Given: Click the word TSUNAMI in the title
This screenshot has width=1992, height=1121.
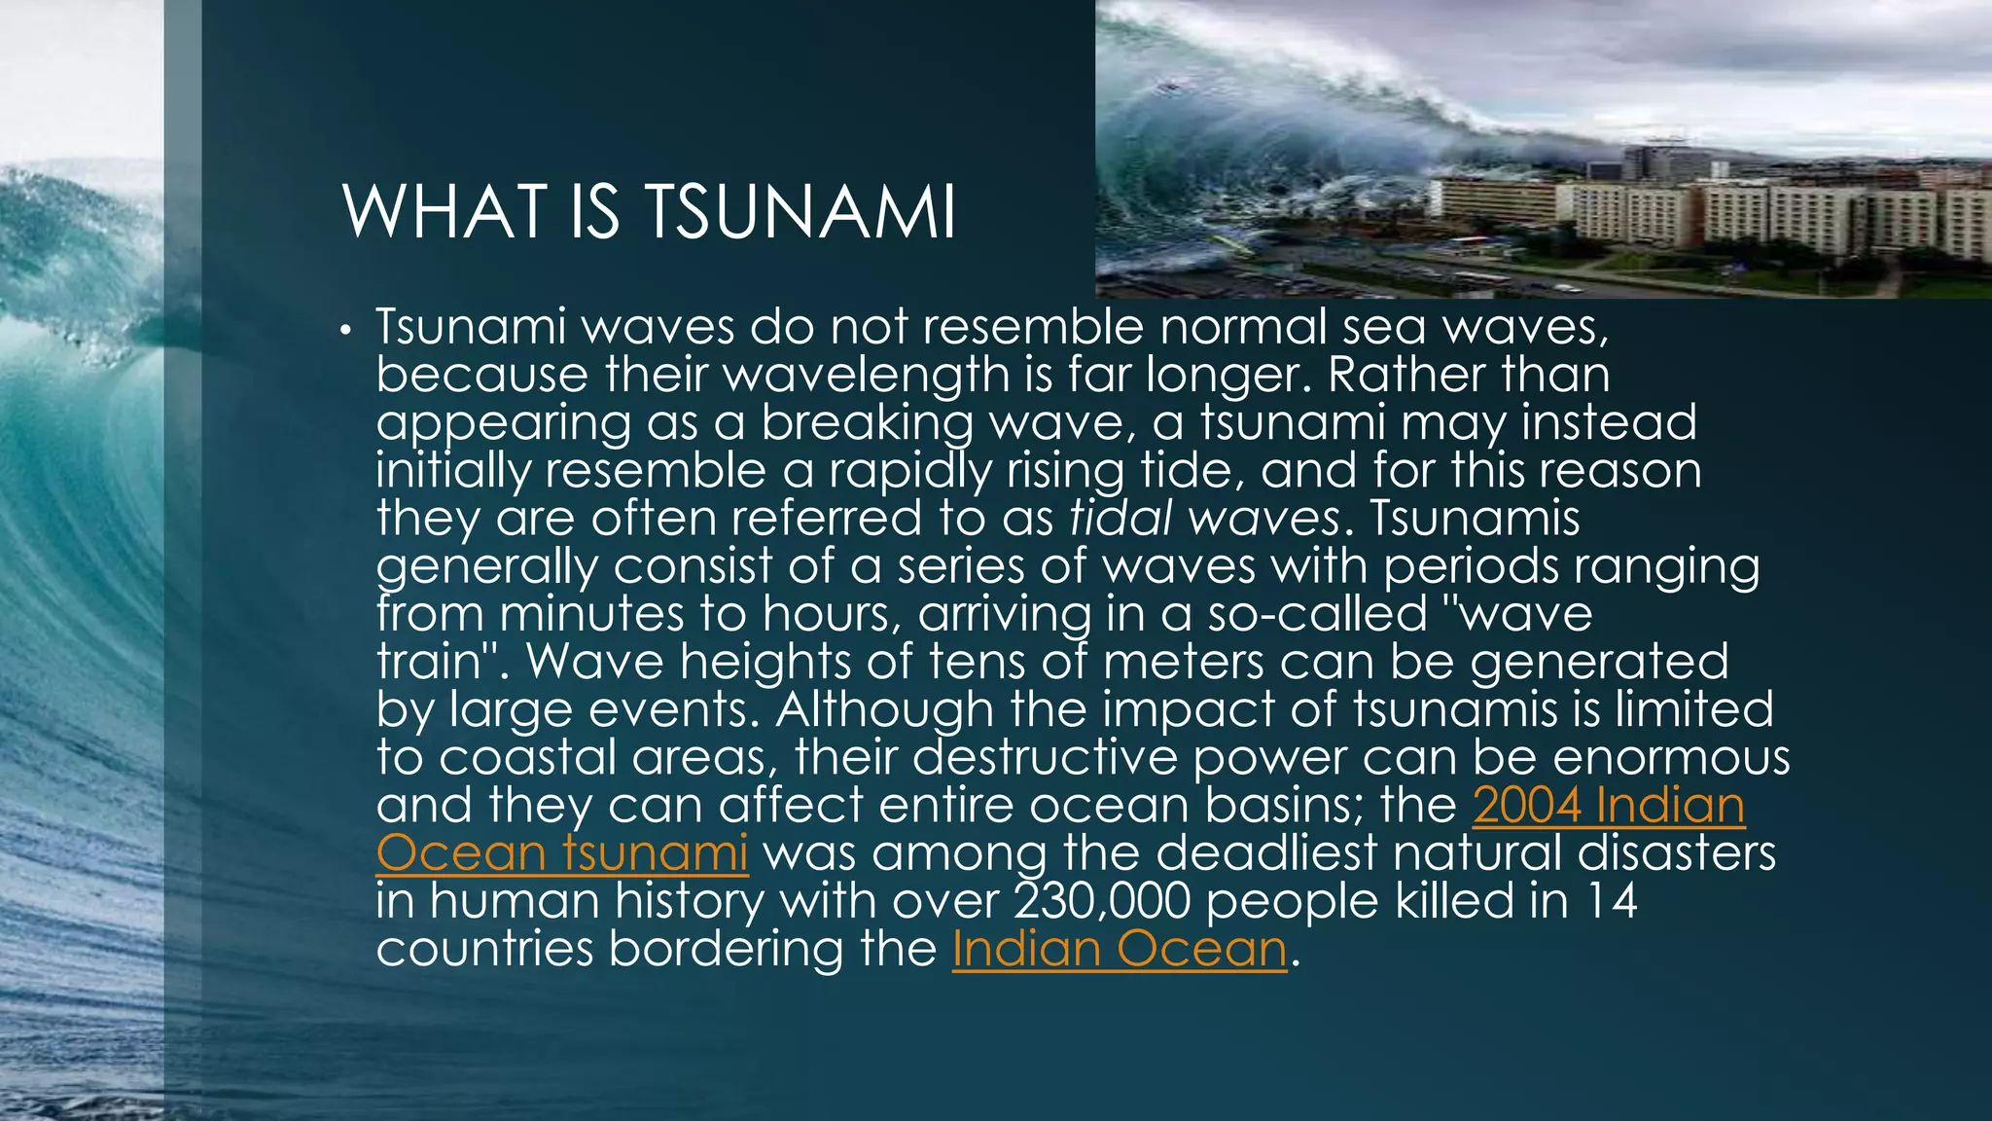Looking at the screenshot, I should coord(800,212).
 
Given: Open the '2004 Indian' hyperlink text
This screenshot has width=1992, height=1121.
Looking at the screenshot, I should coord(1609,806).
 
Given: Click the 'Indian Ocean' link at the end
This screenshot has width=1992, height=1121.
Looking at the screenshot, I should coord(1120,949).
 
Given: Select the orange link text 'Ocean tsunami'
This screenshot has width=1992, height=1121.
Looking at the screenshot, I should coord(562,853).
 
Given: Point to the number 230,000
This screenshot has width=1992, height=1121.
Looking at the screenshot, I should coord(1102,901).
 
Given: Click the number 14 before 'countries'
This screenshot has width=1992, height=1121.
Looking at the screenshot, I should coord(1612,901).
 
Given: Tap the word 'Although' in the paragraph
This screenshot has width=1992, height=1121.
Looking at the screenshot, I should coord(884,709).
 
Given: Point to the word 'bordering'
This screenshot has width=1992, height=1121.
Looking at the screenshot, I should coord(727,949).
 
